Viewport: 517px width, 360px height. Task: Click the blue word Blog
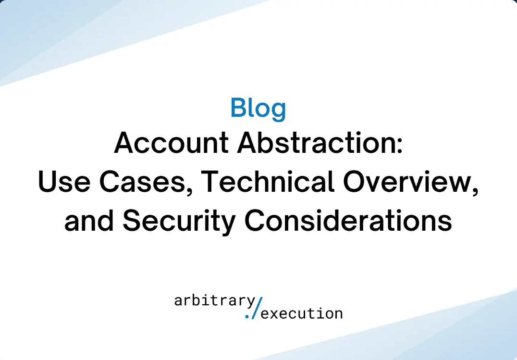(258, 108)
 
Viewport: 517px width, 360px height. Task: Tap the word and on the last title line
(88, 221)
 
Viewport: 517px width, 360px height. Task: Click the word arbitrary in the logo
(215, 301)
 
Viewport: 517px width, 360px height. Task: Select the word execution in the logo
(302, 314)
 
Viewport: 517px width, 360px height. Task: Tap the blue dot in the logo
(247, 316)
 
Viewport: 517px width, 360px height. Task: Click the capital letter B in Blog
(239, 108)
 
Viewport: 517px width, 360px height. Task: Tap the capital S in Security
(131, 221)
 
